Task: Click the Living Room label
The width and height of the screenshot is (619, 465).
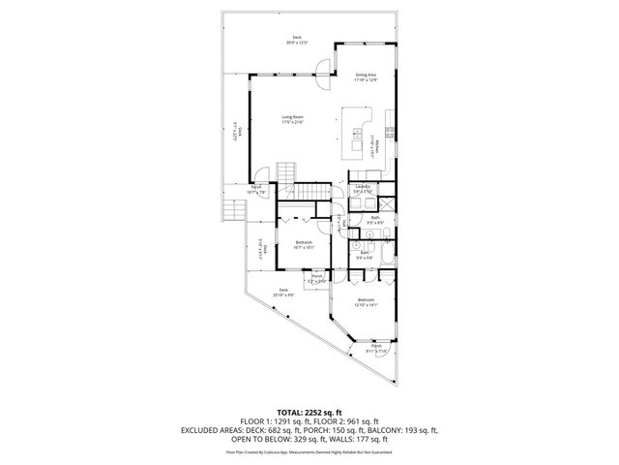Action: pyautogui.click(x=292, y=119)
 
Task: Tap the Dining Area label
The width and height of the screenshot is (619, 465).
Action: pyautogui.click(x=366, y=77)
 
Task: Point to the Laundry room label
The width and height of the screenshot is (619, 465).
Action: pyautogui.click(x=363, y=189)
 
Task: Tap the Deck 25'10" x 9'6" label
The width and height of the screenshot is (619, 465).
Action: pyautogui.click(x=284, y=293)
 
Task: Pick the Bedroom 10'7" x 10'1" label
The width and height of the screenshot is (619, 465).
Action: pyautogui.click(x=305, y=245)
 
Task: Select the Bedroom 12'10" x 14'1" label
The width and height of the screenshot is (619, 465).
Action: pyautogui.click(x=366, y=302)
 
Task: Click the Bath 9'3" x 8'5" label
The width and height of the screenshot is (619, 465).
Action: pyautogui.click(x=375, y=221)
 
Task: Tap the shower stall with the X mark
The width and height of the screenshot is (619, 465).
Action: pyautogui.click(x=385, y=204)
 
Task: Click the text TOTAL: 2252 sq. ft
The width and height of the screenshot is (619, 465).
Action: pyautogui.click(x=309, y=411)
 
